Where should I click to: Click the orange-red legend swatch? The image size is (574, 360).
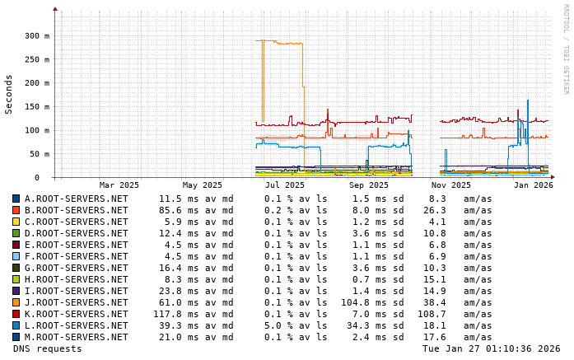(x=16, y=210)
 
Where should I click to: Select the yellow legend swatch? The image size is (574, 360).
(x=16, y=222)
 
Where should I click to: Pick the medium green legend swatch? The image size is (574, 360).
(x=16, y=233)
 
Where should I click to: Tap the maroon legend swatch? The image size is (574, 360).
(x=16, y=245)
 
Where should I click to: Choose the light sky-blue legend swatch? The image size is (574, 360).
(x=16, y=256)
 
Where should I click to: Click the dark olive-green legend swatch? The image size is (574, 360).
(x=16, y=268)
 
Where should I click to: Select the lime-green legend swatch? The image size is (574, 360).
(x=16, y=279)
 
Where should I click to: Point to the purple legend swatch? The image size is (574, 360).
(x=16, y=291)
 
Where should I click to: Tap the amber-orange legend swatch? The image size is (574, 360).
(x=16, y=302)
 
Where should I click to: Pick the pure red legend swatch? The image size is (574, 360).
(x=16, y=314)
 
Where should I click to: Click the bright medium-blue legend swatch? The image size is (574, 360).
(x=16, y=325)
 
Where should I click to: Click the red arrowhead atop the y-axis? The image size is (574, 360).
(x=55, y=8)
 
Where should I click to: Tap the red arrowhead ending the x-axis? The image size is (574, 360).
(x=553, y=176)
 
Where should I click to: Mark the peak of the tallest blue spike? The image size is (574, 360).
(x=527, y=99)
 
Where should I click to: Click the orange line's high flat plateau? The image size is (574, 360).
(x=284, y=42)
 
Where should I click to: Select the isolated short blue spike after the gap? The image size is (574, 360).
(x=446, y=151)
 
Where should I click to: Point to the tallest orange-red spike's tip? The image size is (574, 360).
(x=328, y=106)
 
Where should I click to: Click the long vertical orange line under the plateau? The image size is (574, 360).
(x=263, y=82)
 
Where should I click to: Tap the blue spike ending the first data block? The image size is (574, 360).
(x=408, y=130)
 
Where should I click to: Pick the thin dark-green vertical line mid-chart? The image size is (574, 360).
(x=366, y=158)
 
